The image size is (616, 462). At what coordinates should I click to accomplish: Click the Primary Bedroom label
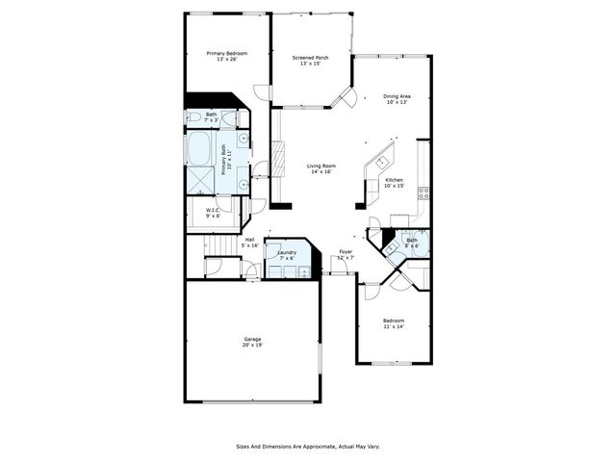pyautogui.click(x=226, y=53)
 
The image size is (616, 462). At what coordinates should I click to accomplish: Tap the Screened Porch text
pyautogui.click(x=310, y=58)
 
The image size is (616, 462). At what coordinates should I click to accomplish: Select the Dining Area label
pyautogui.click(x=398, y=95)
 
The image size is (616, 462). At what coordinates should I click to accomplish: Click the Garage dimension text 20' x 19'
pyautogui.click(x=252, y=345)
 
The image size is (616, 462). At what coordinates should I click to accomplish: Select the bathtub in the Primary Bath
pyautogui.click(x=200, y=148)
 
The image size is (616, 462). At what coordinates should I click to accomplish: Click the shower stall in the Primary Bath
pyautogui.click(x=200, y=180)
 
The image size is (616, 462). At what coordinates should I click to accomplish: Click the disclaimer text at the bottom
pyautogui.click(x=307, y=447)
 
